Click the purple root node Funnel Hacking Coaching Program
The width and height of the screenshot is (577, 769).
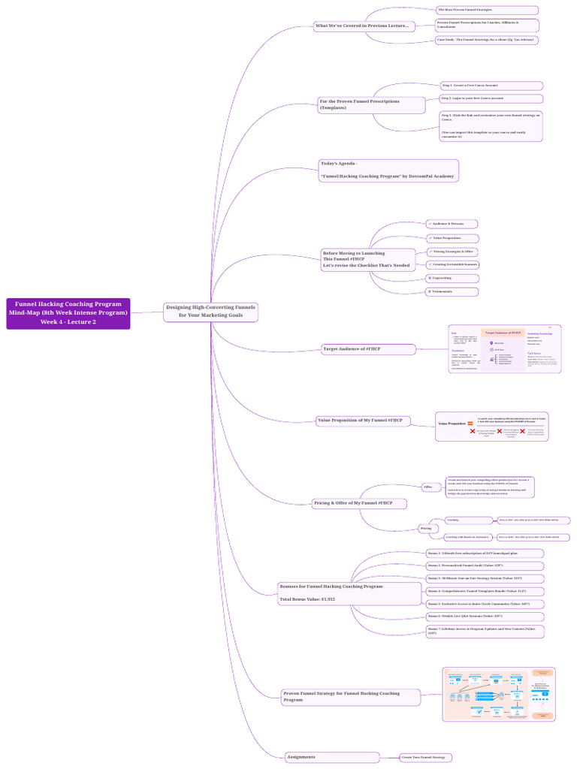68,313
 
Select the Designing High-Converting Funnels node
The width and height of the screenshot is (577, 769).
210,311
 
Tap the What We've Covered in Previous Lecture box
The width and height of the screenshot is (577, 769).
363,26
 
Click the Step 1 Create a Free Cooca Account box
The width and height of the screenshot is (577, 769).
491,86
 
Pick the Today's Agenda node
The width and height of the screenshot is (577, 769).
388,170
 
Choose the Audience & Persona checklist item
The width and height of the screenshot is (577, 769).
451,224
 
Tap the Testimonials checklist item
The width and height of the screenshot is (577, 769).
452,291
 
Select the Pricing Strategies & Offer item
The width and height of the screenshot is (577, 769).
452,252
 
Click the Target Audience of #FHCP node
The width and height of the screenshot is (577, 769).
367,349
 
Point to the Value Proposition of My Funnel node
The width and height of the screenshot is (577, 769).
363,421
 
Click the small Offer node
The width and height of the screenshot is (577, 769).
428,487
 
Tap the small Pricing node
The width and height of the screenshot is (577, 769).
425,529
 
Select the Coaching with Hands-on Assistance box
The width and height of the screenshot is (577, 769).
467,537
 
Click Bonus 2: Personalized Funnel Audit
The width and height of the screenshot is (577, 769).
484,565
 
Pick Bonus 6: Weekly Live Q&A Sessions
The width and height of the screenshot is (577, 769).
484,616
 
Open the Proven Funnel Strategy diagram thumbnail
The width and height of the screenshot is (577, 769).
499,695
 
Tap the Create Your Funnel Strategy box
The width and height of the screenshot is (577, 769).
425,758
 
